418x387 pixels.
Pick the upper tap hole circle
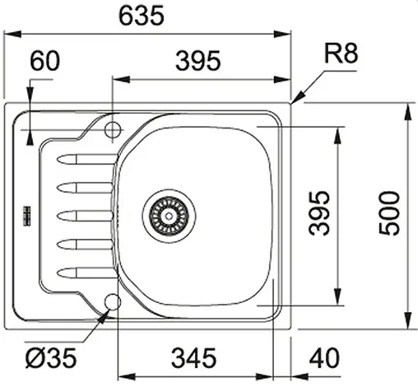tap(114, 128)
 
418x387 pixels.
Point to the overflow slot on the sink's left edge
tap(26, 215)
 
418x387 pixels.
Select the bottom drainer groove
tap(82, 270)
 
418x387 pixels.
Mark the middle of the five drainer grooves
tap(82, 215)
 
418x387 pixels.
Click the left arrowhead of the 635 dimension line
tap(10, 34)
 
